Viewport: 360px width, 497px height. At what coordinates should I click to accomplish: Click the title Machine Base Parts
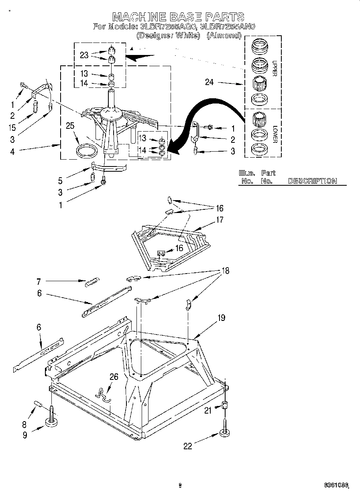[x=178, y=16]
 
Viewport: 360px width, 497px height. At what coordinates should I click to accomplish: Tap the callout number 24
[x=209, y=83]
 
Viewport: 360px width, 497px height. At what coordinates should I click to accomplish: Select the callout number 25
[x=70, y=126]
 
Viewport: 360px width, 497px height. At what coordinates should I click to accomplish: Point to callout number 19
[x=221, y=318]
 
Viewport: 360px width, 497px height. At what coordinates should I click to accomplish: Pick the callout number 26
[x=114, y=376]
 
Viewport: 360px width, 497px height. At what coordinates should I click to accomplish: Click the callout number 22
[x=188, y=446]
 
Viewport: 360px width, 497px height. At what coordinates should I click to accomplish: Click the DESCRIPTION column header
[x=312, y=181]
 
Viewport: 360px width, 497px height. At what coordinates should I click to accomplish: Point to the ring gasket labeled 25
[x=86, y=151]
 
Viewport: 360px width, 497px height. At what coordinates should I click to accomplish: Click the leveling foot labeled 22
[x=224, y=432]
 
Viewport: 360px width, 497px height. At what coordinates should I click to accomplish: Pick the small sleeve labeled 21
[x=225, y=406]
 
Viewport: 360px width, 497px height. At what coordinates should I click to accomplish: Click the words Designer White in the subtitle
[x=168, y=35]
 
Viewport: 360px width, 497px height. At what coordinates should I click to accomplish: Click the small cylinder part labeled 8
[x=39, y=403]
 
